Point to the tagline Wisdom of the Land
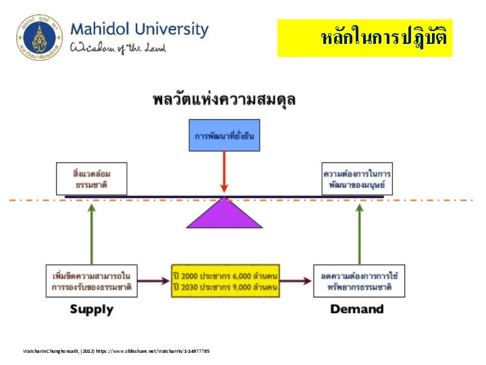[x=118, y=47]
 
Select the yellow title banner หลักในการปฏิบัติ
[x=364, y=38]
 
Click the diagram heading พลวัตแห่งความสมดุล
[x=223, y=100]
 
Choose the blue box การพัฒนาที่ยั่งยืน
[x=223, y=136]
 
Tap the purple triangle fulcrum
[x=224, y=213]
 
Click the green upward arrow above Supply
[x=90, y=230]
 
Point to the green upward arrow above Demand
[x=359, y=230]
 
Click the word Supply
[x=91, y=309]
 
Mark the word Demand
[x=357, y=309]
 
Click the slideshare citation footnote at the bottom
[x=116, y=351]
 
